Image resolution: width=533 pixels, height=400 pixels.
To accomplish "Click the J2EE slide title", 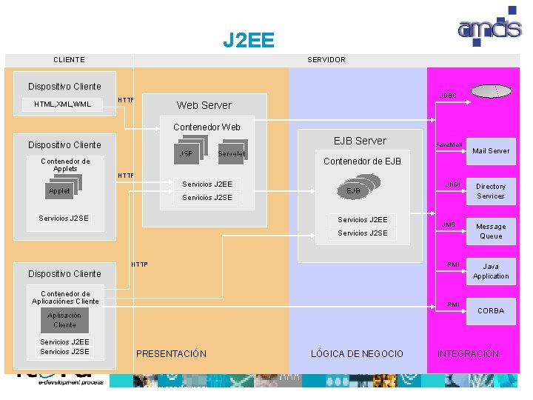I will point(249,39).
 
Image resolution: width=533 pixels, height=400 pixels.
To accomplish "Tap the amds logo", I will point(489,30).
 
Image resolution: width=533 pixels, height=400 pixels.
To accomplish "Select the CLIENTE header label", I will point(69,60).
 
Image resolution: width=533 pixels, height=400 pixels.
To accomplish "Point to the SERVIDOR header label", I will point(326,60).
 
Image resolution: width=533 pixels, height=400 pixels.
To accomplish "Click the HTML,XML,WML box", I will point(63,104).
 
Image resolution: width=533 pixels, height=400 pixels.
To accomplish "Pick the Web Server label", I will point(204,105).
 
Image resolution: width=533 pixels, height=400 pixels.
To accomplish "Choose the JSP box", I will point(187,154).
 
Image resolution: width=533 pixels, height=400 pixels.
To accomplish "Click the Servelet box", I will point(231,154).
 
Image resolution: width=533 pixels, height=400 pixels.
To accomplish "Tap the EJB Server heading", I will point(360,141).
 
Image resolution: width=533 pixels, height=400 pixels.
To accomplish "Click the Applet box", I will point(59,191).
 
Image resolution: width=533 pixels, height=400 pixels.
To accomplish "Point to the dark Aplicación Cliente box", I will point(64,320).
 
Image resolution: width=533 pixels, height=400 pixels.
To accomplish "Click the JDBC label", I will point(448,96).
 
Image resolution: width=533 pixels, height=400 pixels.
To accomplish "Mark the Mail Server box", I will point(491,151).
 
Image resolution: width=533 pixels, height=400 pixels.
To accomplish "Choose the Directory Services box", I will point(491,191).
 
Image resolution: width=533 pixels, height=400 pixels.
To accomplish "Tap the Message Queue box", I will point(491,231).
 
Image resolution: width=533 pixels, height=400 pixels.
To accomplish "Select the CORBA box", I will point(491,311).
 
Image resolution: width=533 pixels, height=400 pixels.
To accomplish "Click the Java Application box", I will point(491,271).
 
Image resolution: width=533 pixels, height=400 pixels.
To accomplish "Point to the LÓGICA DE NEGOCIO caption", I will point(358,354).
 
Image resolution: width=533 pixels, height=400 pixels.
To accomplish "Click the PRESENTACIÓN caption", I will point(171,354).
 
